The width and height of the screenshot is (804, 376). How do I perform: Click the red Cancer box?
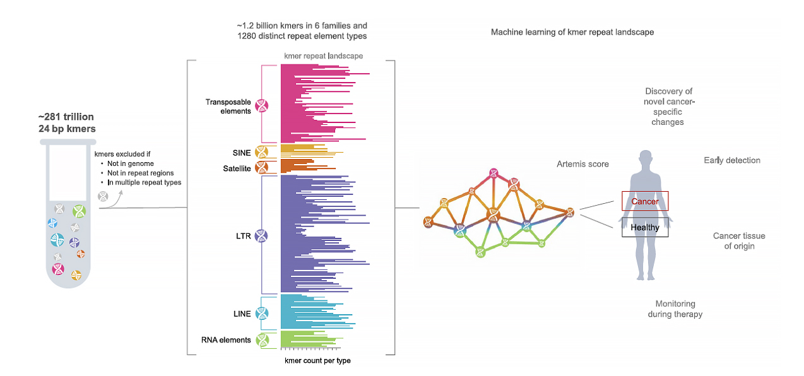pos(644,201)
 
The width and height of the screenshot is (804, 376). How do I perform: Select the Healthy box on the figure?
pos(644,227)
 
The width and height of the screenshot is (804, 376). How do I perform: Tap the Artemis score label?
pos(582,164)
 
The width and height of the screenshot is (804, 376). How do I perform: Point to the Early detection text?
pos(731,160)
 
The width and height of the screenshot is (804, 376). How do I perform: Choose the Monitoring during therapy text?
pos(675,308)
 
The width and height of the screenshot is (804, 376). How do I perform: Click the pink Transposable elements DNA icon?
pos(261,106)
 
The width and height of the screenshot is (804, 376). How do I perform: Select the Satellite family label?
pos(237,168)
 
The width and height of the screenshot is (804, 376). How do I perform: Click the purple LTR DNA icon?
pos(261,235)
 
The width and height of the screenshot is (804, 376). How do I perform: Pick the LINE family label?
pos(242,314)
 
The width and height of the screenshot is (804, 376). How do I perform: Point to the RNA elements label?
pos(226,340)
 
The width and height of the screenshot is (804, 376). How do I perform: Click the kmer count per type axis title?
pos(317,361)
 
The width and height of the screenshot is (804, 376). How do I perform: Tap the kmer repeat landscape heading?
pos(324,56)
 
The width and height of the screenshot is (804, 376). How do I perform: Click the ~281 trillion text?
pos(66,117)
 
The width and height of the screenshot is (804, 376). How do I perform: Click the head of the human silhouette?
pos(645,158)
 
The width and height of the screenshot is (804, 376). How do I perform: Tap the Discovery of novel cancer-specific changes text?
pos(668,107)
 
